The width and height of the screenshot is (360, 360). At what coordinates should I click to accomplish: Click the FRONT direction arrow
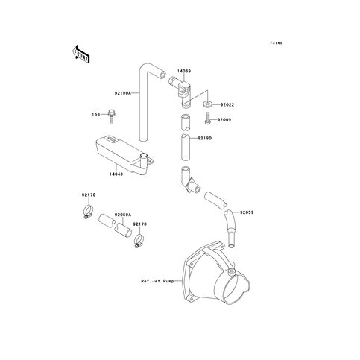point(80,54)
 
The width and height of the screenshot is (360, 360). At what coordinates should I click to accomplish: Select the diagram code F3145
point(277,43)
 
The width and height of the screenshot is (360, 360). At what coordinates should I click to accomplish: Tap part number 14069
point(184,71)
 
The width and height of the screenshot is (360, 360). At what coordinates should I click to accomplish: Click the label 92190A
point(123,93)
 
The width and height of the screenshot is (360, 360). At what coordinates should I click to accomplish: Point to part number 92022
point(227,105)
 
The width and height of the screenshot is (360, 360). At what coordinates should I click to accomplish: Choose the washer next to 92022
point(208,104)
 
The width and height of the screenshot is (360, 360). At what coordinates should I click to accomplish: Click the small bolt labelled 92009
point(207,119)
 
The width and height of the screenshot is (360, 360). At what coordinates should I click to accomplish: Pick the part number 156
point(95,114)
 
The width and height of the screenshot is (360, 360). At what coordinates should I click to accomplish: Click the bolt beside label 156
point(112,116)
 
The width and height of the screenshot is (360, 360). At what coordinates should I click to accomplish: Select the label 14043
point(116,174)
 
